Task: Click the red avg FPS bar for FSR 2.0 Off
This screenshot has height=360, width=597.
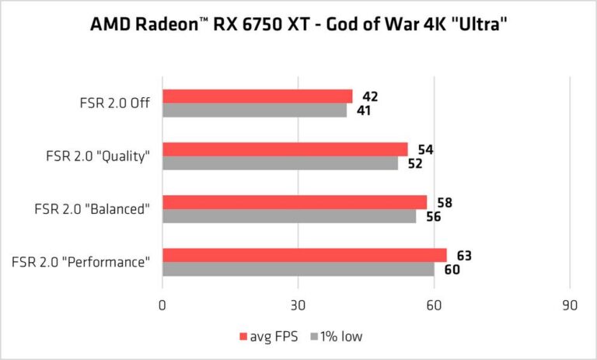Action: click(x=257, y=96)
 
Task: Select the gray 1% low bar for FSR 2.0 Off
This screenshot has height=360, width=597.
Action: click(x=254, y=110)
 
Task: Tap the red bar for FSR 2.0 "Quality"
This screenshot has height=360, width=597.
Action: click(x=285, y=149)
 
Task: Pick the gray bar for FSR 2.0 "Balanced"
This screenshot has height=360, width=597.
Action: click(x=289, y=217)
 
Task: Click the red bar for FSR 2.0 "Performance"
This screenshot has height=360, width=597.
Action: click(x=305, y=255)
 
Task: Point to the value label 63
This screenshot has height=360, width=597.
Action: click(x=464, y=256)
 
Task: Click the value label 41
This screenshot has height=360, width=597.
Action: click(x=363, y=111)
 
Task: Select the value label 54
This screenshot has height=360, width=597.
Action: click(x=424, y=149)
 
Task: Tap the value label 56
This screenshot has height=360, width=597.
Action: click(x=433, y=217)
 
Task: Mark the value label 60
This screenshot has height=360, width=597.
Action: click(x=452, y=270)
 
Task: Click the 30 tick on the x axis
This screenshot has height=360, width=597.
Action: click(x=298, y=306)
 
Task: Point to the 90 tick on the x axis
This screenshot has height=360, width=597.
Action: click(x=570, y=306)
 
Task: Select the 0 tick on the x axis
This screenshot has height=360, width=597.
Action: click(x=162, y=306)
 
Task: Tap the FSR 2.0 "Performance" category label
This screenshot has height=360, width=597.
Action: click(x=82, y=261)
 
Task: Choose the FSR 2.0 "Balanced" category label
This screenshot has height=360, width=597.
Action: click(x=92, y=208)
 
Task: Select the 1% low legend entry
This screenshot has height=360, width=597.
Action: click(x=336, y=336)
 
